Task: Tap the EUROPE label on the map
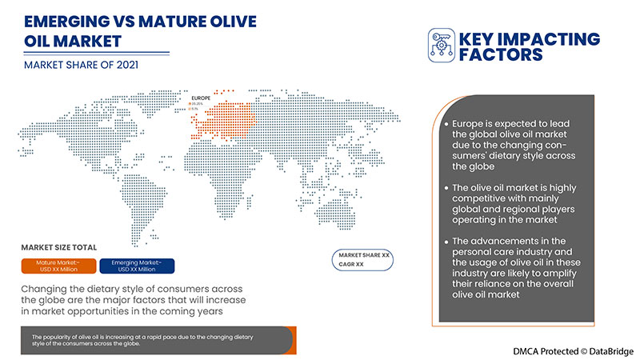[200, 98]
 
